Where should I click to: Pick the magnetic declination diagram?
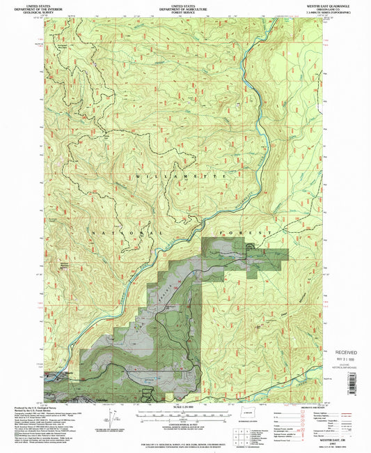point(111,417)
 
